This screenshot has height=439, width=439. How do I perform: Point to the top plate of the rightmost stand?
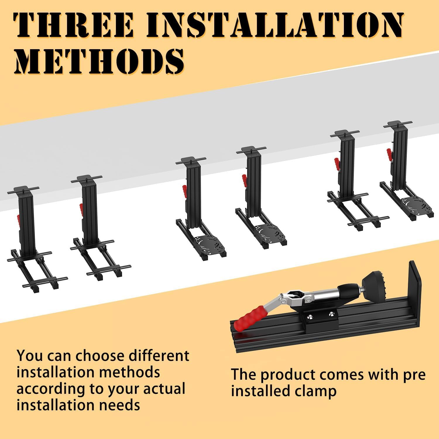click(x=398, y=124)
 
